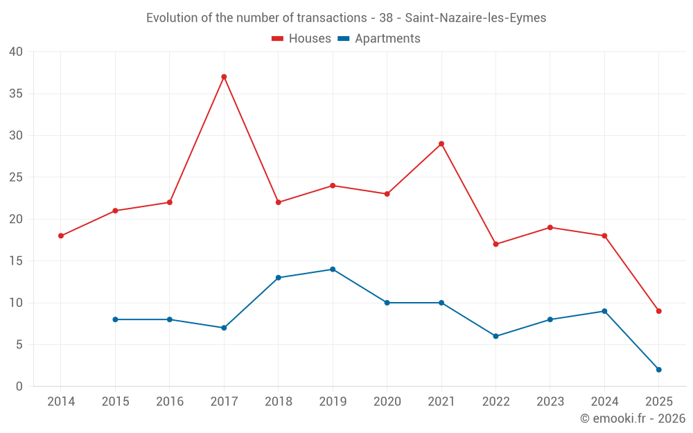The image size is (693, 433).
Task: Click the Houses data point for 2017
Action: click(x=224, y=77)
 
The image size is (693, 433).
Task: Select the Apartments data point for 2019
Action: click(x=333, y=269)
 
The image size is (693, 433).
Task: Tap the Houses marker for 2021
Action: click(x=441, y=144)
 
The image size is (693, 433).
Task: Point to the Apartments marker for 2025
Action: click(x=658, y=370)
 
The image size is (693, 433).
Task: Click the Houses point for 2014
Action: click(x=61, y=236)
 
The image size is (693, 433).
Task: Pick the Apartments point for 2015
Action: click(x=115, y=319)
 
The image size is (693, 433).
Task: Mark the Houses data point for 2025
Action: click(x=658, y=311)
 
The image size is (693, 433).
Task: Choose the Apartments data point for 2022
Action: click(x=495, y=336)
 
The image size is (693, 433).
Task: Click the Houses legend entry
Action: click(x=309, y=39)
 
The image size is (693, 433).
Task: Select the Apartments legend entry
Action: click(x=387, y=39)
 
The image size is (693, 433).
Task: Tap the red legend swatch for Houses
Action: click(x=278, y=39)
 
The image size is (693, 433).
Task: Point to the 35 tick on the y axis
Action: click(x=15, y=94)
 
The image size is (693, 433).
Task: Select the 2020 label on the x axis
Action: click(x=387, y=402)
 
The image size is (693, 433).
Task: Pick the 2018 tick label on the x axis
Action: click(x=278, y=402)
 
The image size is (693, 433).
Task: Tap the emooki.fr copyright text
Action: click(x=632, y=418)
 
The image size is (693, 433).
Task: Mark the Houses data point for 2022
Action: click(x=495, y=244)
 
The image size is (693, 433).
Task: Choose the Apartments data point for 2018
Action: click(x=278, y=278)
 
